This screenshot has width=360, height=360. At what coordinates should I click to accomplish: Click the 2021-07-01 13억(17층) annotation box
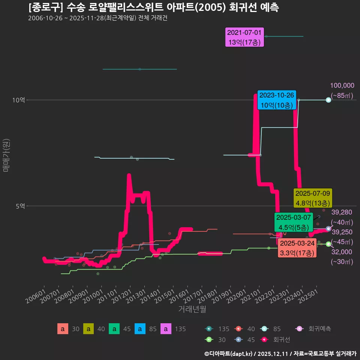(245, 37)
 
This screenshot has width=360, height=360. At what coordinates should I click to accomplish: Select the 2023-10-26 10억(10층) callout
(277, 100)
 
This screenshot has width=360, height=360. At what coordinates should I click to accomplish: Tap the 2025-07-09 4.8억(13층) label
(313, 198)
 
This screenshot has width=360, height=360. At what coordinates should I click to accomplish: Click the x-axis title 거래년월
(192, 309)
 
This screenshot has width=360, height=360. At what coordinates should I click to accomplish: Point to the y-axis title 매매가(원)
(6, 156)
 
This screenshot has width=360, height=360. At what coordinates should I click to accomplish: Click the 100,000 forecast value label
(342, 85)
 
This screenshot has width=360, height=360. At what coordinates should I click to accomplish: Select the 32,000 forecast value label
(342, 252)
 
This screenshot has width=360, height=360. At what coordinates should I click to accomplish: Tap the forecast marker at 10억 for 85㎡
(328, 100)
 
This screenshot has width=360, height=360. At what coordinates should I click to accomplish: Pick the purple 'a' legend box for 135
(166, 329)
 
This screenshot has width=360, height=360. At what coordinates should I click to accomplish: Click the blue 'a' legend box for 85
(140, 329)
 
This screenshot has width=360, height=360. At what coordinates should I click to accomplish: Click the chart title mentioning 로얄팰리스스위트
(153, 7)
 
